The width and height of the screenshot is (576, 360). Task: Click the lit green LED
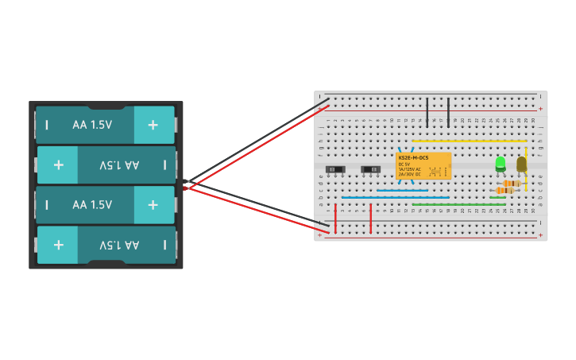tap(500, 164)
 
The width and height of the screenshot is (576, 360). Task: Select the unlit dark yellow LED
tap(521, 164)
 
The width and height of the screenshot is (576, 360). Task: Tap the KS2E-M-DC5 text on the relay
tap(413, 158)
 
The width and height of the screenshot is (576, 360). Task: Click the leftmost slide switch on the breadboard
tap(335, 169)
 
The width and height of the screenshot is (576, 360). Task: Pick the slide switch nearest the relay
tap(370, 169)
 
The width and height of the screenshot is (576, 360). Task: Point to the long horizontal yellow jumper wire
tap(469, 141)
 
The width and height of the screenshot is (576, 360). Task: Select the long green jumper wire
tap(458, 204)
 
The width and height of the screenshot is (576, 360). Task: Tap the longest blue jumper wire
tap(395, 197)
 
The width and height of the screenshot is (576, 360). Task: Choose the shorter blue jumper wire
tap(402, 191)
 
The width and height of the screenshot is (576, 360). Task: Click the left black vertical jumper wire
tap(428, 112)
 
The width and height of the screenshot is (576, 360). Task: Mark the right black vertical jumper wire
tap(449, 112)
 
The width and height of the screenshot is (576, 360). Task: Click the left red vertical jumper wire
tap(335, 219)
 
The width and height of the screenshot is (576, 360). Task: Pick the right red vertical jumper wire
tap(371, 219)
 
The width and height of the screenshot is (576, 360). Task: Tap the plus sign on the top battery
tap(153, 125)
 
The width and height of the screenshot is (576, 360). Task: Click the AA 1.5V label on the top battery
tap(92, 125)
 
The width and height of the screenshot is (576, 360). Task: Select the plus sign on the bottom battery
tap(59, 245)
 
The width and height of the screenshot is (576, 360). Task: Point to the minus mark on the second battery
tap(164, 165)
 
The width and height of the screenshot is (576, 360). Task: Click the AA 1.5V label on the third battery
tap(92, 205)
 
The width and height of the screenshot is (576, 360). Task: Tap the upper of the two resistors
tap(511, 184)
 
